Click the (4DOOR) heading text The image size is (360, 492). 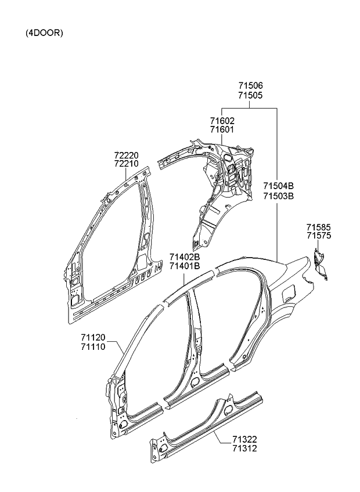coord(44,33)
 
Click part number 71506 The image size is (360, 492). coord(250,86)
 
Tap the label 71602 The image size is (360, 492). coord(222,121)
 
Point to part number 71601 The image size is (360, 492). coord(222,129)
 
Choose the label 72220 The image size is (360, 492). coord(127,155)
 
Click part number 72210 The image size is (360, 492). coord(127,164)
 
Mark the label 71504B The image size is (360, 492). coord(279,186)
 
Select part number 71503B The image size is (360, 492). coord(279,196)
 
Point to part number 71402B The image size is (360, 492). coord(185,257)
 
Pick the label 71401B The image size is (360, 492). coord(185,266)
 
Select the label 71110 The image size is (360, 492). coord(93,346)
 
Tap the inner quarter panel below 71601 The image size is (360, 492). coord(224,186)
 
